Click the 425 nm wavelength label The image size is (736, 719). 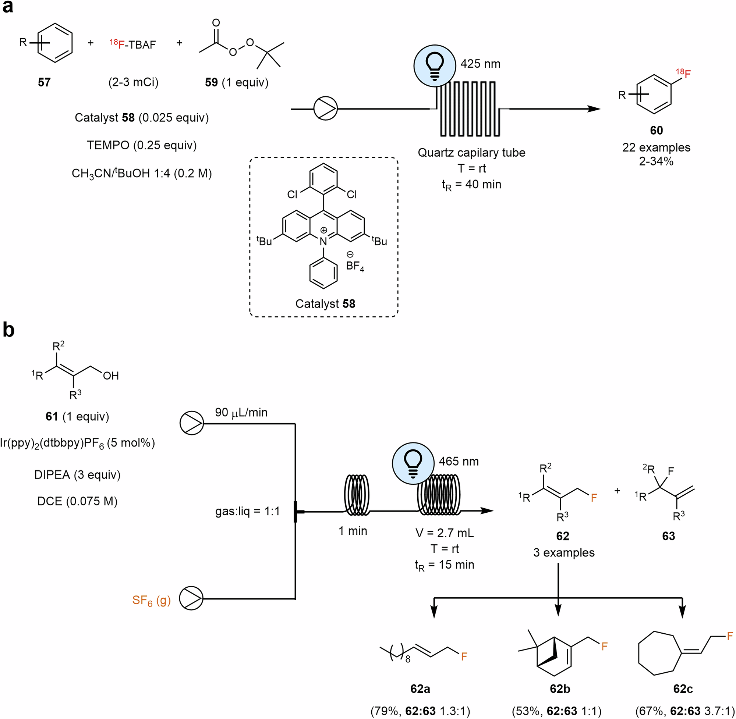click(480, 64)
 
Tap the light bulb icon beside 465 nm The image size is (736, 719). click(413, 463)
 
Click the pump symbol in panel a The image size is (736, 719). click(325, 109)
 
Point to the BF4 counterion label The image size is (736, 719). click(354, 266)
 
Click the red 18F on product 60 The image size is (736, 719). click(683, 73)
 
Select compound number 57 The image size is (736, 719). click(44, 82)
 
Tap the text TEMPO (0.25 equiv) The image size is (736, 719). click(142, 145)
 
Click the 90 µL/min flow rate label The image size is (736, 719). click(241, 412)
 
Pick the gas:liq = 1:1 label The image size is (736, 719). click(247, 511)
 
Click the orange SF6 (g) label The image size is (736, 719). click(151, 600)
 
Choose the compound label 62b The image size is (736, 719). click(560, 689)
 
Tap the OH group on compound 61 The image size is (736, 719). click(111, 376)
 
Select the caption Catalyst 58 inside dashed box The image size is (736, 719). click(325, 304)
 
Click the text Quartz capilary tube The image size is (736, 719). click(471, 153)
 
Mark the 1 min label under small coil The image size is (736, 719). click(353, 531)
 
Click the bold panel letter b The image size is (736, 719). click(8, 330)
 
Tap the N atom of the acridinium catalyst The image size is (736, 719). click(323, 242)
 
